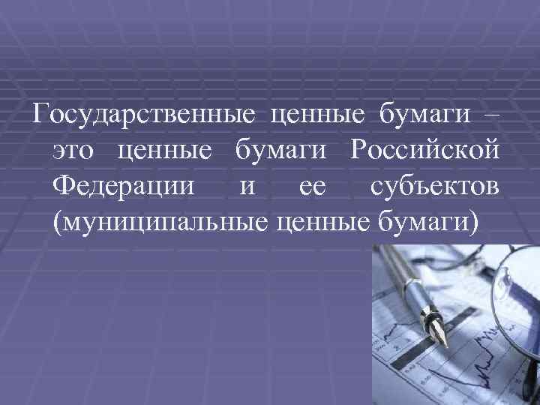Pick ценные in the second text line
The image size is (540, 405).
(163, 151)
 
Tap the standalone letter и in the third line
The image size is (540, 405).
(247, 185)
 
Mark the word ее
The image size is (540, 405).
(310, 185)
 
